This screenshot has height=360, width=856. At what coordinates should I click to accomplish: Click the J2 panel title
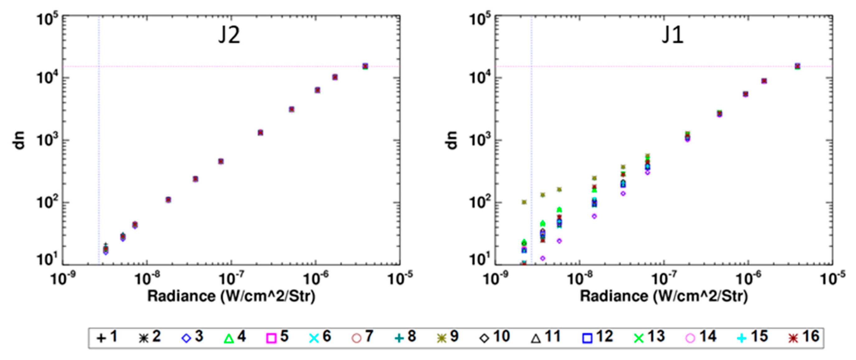click(229, 35)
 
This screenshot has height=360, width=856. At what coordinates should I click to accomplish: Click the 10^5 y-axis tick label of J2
click(47, 19)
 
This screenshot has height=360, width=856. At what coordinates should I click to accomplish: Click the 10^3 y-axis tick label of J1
click(479, 140)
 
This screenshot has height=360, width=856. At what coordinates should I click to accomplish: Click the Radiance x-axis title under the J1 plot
click(664, 296)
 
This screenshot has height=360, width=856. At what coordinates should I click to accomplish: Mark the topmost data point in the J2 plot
click(365, 66)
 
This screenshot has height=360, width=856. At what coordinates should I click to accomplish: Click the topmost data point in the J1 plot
click(797, 66)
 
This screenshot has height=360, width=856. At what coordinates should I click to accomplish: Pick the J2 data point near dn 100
click(168, 200)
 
